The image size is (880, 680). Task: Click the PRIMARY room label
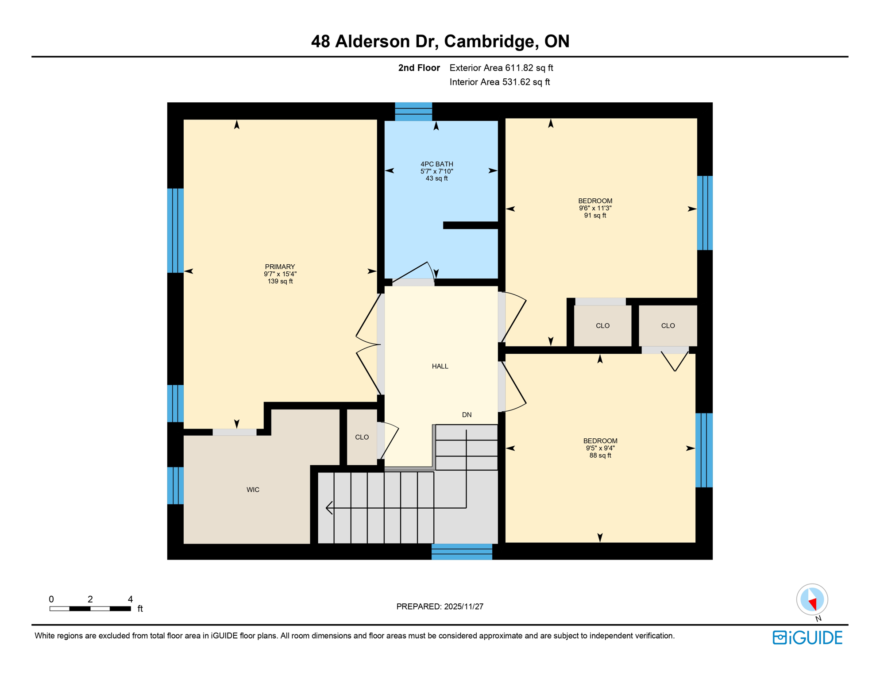point(280,267)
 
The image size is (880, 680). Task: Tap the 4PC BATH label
point(436,164)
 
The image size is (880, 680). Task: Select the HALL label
point(440,366)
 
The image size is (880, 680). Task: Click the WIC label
point(253,490)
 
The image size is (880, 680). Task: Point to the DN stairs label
point(467,415)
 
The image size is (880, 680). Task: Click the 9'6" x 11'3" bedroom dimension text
point(595,208)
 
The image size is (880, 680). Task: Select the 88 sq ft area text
point(600,456)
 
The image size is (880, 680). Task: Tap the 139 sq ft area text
point(280,281)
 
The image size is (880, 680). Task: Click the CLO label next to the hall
point(362,437)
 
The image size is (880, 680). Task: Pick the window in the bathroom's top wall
point(413,112)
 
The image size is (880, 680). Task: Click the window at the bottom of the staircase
point(462,552)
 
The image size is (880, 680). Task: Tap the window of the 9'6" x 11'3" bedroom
point(704,213)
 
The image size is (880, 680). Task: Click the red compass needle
point(813,604)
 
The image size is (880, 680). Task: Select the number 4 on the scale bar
point(130,599)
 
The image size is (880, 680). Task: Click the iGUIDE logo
point(807,637)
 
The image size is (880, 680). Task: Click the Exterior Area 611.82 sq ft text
point(501,68)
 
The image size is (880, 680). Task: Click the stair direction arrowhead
point(329,508)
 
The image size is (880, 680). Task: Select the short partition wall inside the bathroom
point(471,225)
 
